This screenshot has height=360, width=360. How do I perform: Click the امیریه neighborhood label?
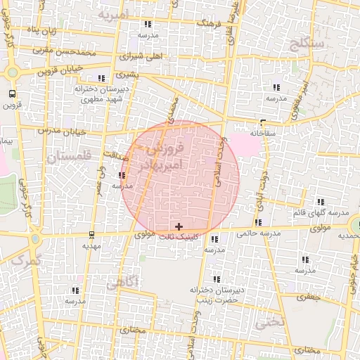114,14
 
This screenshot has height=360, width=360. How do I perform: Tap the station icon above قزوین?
13,94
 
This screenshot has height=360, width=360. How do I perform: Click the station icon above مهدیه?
92,235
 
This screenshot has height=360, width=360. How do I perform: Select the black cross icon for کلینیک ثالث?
179,226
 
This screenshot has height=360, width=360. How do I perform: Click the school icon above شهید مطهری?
102,78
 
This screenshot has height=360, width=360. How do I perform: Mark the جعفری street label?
308,297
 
